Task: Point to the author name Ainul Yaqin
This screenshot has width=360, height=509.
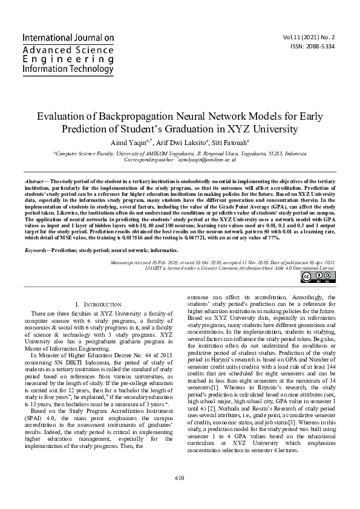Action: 130,142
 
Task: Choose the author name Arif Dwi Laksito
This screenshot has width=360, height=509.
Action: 180,142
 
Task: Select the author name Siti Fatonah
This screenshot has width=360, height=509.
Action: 231,142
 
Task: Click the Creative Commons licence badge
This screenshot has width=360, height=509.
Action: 316,277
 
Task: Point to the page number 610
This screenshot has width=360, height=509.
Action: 180,494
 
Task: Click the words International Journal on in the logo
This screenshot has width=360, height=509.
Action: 68,38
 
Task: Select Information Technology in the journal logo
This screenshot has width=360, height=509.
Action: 68,69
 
